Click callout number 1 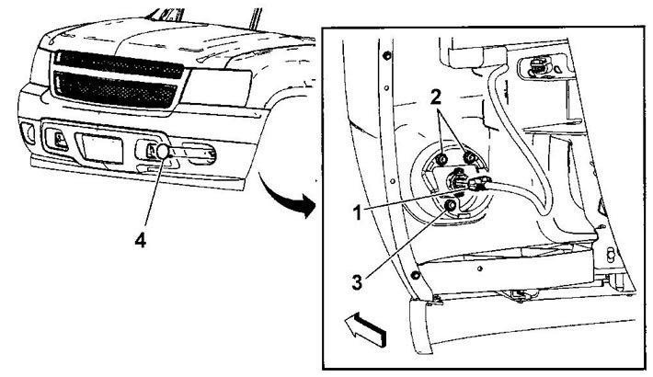click(x=358, y=213)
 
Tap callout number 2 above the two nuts click(x=436, y=97)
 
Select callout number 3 click(x=357, y=283)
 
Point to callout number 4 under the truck click(x=141, y=240)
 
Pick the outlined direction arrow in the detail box click(x=365, y=330)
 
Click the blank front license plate click(x=102, y=149)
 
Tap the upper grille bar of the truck click(x=119, y=63)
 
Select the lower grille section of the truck click(x=115, y=89)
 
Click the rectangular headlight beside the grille click(x=216, y=87)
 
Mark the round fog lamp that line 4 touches click(x=163, y=151)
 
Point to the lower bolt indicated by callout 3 click(x=450, y=206)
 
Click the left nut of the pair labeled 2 click(x=442, y=159)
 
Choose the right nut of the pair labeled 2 click(x=469, y=157)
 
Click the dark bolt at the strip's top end click(x=387, y=55)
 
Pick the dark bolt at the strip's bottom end click(x=415, y=275)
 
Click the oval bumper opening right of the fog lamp click(x=199, y=154)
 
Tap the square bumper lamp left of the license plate click(x=57, y=140)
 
